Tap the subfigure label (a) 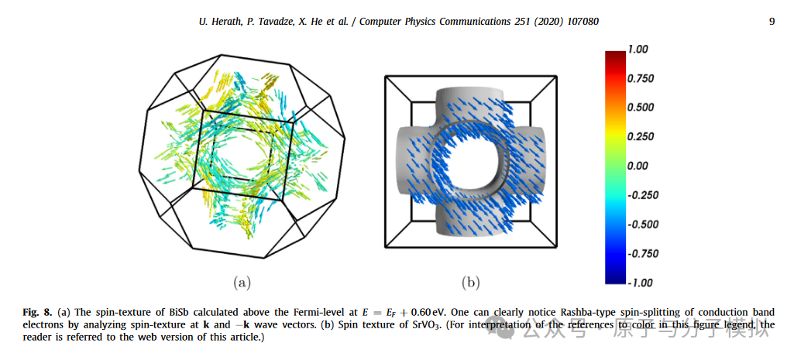click(242, 283)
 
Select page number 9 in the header click(772, 22)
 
